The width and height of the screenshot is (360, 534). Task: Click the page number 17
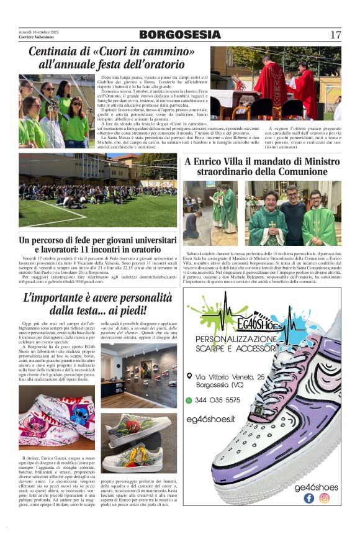pos(336,34)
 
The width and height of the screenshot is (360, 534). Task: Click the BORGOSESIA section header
pos(180,35)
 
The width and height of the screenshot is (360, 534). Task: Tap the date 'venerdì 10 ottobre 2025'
pos(38,31)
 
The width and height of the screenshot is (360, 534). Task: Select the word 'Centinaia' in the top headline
pos(56,52)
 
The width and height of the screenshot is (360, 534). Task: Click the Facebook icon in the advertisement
pos(309,497)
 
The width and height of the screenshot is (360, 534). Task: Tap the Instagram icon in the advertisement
pos(324,497)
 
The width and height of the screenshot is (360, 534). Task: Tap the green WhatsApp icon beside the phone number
pos(189,400)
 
